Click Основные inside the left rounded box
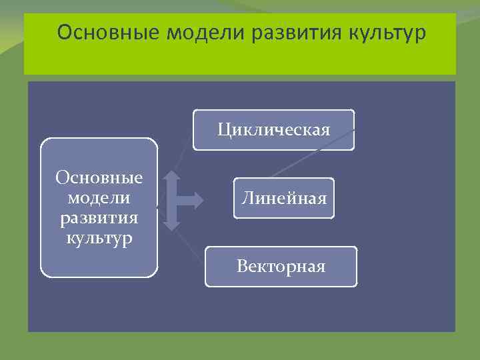[99, 178]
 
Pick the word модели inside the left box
[99, 198]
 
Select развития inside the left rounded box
[99, 218]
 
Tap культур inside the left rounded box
[99, 237]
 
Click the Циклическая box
[273, 130]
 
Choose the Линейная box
[283, 198]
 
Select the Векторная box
[281, 267]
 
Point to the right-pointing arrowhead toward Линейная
[199, 199]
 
